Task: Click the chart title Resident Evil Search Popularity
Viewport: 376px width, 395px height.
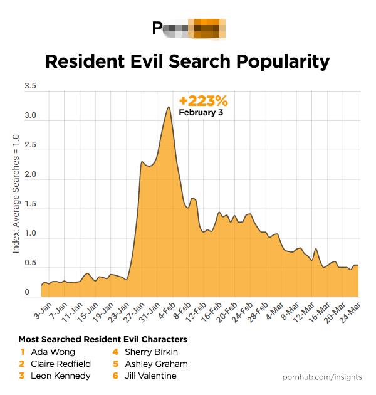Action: tap(187, 61)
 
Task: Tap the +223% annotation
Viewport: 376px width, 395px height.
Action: tap(203, 101)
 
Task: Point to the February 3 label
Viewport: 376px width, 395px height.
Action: tap(201, 113)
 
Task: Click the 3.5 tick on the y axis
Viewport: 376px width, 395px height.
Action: tap(30, 87)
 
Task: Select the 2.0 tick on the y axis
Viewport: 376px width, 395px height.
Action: tap(30, 176)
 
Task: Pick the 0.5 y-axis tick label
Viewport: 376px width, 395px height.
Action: tap(30, 263)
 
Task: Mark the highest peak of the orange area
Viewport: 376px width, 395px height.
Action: tap(169, 107)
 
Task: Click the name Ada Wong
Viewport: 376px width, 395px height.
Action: tap(53, 352)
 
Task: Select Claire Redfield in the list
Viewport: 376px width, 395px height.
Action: tap(61, 364)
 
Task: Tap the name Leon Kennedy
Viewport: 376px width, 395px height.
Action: tap(60, 376)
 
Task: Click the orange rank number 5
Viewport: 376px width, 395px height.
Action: tap(115, 364)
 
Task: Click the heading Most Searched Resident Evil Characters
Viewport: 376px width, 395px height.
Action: tap(103, 339)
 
